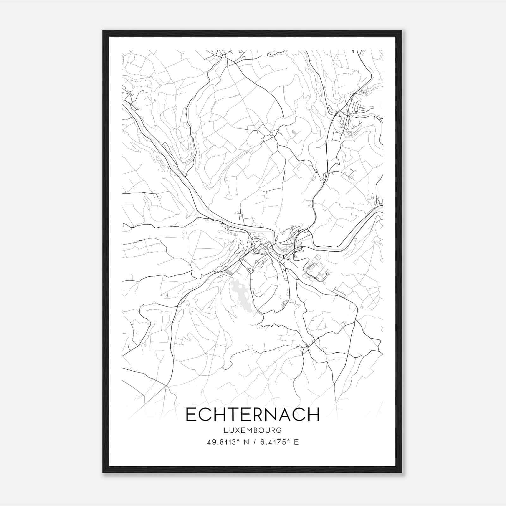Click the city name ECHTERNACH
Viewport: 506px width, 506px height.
252,415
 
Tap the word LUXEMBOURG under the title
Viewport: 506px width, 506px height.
252,430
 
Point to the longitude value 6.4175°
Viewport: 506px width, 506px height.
273,442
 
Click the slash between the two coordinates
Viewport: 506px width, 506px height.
253,442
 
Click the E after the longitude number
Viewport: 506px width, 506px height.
296,442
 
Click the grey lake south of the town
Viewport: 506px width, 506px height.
242,296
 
